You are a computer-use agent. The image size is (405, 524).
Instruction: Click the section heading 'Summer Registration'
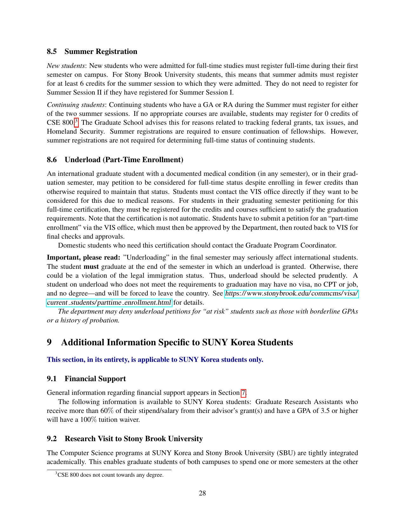(x=101, y=52)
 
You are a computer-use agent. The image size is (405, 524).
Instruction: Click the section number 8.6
(x=52, y=160)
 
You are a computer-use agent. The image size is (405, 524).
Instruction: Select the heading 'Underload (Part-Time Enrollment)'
(x=124, y=160)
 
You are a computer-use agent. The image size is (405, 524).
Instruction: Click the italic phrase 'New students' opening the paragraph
(x=66, y=66)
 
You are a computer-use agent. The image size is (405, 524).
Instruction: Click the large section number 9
(x=49, y=342)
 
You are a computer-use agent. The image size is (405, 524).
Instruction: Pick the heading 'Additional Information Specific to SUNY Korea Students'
(x=177, y=342)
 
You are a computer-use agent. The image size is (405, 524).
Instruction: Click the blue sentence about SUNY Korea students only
(x=155, y=360)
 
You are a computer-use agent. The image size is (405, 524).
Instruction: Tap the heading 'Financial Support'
(x=95, y=379)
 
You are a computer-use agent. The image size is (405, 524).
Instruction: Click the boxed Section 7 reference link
(x=243, y=393)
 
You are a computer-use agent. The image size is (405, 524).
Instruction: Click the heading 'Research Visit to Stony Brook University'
(x=134, y=439)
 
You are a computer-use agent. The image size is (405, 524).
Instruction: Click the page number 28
(x=202, y=493)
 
